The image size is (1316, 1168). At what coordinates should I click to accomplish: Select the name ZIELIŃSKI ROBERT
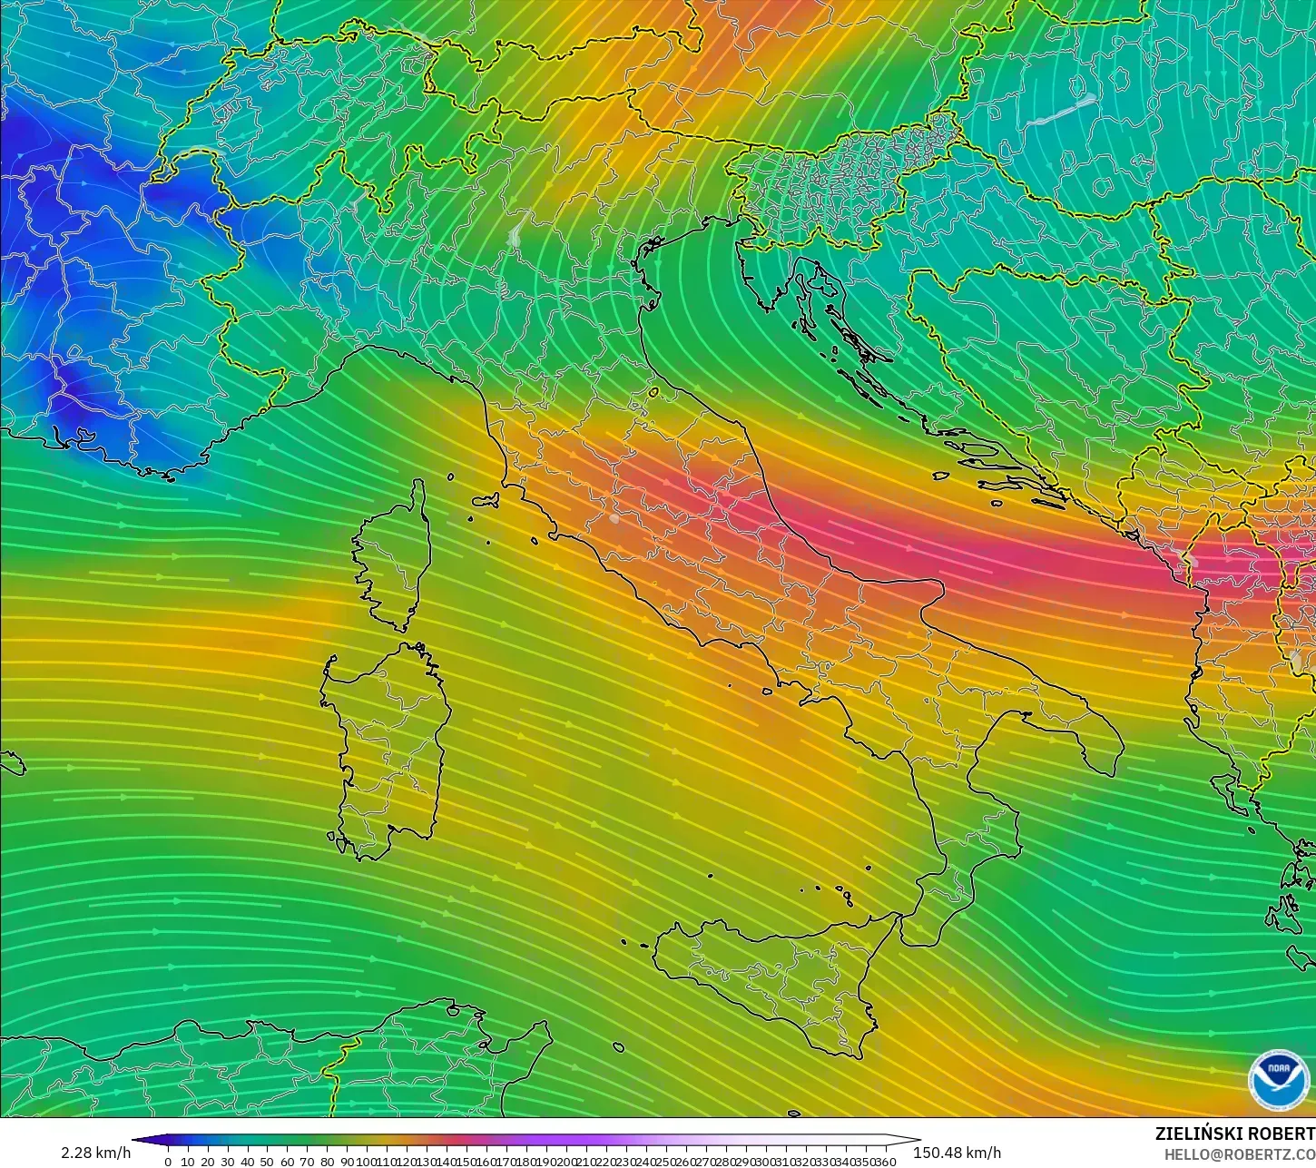click(1234, 1134)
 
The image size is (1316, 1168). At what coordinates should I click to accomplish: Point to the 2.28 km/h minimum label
click(96, 1153)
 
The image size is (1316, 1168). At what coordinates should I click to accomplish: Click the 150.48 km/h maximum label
click(958, 1153)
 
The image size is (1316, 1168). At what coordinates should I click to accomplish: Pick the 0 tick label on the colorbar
click(168, 1162)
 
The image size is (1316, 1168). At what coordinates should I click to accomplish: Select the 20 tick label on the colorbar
click(207, 1162)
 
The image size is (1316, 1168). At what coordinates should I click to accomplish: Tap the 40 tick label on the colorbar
click(247, 1162)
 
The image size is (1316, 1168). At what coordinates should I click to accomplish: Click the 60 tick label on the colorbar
click(287, 1162)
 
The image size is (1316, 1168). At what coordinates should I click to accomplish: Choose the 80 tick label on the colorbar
click(327, 1162)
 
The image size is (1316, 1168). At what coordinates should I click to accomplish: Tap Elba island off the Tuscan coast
click(485, 499)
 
